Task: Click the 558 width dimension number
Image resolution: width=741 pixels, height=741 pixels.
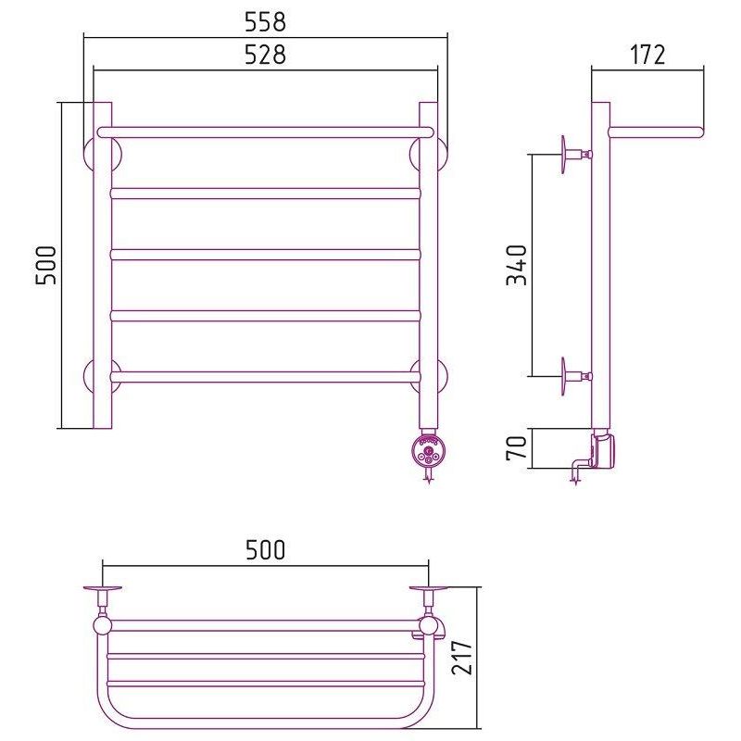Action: click(265, 21)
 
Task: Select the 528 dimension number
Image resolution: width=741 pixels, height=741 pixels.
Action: click(265, 55)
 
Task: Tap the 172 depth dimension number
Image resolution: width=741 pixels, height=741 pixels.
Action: click(647, 55)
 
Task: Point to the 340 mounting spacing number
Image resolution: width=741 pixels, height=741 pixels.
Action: click(516, 265)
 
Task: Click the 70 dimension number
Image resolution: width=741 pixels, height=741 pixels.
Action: click(516, 448)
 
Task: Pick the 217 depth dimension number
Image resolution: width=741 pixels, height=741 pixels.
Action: click(461, 658)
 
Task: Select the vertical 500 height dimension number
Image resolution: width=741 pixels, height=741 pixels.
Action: click(45, 265)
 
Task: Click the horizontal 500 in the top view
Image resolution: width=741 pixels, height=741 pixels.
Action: click(265, 549)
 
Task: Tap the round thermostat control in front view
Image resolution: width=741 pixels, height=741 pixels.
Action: click(429, 451)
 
